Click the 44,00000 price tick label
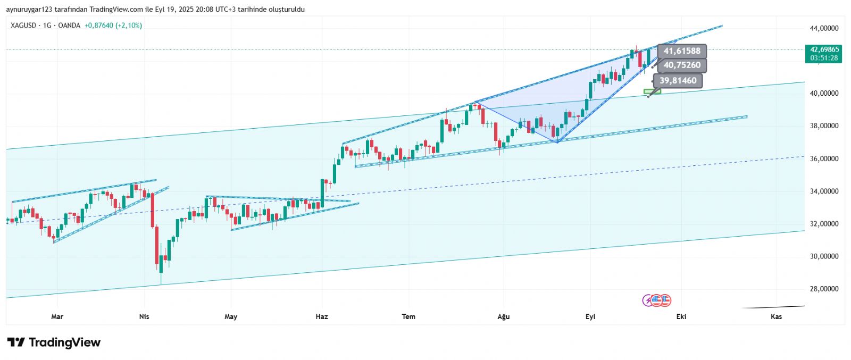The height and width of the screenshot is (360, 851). (x=824, y=28)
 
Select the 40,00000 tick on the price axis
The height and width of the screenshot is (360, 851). (x=824, y=93)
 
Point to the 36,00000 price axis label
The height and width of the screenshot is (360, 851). (x=824, y=158)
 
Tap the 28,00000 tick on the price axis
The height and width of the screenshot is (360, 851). (x=824, y=289)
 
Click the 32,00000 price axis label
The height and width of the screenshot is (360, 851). (x=824, y=224)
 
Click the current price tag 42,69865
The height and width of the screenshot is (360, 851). (x=824, y=49)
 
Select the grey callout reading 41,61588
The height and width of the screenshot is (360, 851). (x=682, y=51)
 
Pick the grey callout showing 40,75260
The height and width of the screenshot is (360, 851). (x=682, y=65)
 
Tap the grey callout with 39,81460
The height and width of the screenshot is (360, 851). (x=678, y=81)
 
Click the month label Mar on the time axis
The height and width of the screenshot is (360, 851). (x=57, y=316)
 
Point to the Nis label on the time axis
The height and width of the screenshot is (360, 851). (x=144, y=316)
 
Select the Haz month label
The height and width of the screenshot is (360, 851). (x=322, y=316)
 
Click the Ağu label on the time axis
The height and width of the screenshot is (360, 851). (x=503, y=316)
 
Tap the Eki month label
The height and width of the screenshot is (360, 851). (x=681, y=316)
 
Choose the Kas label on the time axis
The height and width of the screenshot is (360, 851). (x=777, y=316)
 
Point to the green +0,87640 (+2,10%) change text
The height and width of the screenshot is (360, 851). (x=113, y=25)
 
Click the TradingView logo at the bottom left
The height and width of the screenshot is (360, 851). (x=54, y=342)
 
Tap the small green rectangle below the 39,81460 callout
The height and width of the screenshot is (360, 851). (x=652, y=91)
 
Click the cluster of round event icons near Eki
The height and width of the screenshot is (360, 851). (x=657, y=300)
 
